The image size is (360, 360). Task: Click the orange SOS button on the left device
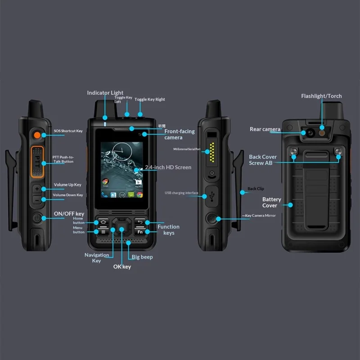pyautogui.click(x=37, y=134)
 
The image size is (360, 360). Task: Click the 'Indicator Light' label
pyautogui.click(x=105, y=93)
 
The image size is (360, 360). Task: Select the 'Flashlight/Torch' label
pyautogui.click(x=321, y=96)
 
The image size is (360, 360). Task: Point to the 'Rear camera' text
pyautogui.click(x=265, y=129)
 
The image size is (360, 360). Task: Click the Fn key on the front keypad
pyautogui.click(x=140, y=232)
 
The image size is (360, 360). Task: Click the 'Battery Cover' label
pyautogui.click(x=272, y=202)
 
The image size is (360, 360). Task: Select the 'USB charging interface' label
pyautogui.click(x=181, y=193)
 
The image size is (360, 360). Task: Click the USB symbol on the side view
pyautogui.click(x=212, y=196)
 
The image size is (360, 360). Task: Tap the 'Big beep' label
pyautogui.click(x=142, y=257)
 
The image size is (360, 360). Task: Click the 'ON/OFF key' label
pyautogui.click(x=69, y=214)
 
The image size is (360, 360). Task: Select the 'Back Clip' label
pyautogui.click(x=256, y=189)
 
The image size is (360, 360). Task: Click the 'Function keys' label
pyautogui.click(x=168, y=229)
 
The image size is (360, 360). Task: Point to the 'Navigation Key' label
pyautogui.click(x=97, y=258)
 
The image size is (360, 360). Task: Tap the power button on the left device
pyautogui.click(x=37, y=218)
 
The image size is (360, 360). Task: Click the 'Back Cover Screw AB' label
pyautogui.click(x=263, y=160)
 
